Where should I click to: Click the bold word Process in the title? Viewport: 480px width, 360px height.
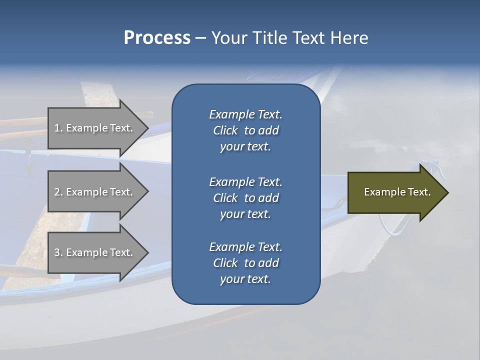point(157,38)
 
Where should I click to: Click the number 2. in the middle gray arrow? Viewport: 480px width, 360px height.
point(58,192)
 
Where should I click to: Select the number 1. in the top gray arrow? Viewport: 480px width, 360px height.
point(58,128)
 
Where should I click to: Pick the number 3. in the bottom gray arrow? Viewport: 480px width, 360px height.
point(58,252)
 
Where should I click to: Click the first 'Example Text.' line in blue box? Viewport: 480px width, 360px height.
point(245,114)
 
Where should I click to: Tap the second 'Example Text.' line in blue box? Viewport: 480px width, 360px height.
point(245,182)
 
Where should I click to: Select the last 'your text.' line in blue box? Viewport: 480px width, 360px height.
point(245,279)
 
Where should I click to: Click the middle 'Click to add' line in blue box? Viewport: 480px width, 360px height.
point(245,198)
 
